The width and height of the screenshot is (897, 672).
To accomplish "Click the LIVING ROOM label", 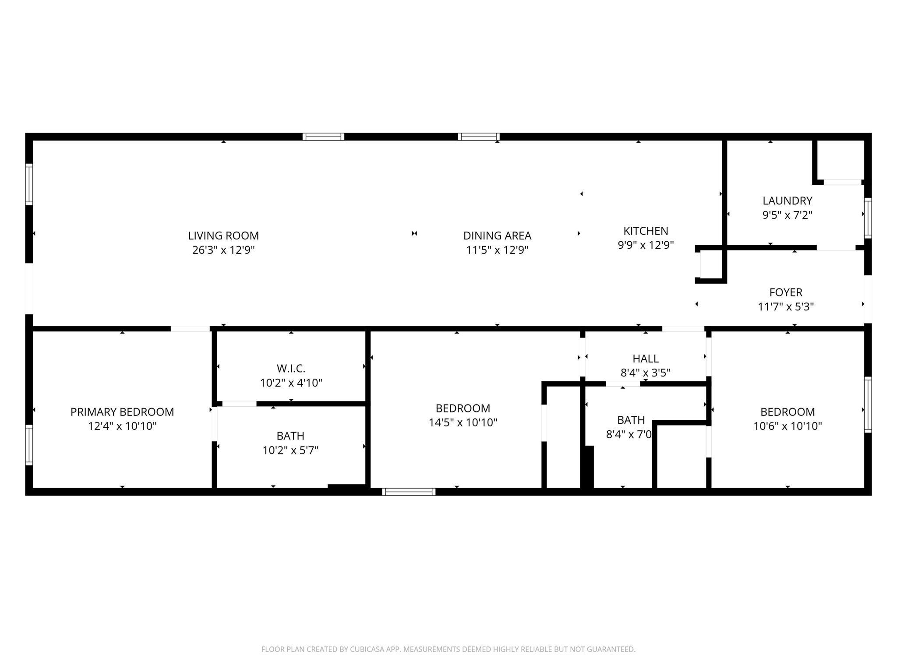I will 223,236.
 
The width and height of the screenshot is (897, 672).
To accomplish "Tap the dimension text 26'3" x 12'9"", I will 223,250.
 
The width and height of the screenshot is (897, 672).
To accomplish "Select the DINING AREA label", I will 497,236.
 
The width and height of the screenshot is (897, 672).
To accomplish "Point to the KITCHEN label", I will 646,231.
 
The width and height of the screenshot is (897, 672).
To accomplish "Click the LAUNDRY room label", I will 787,201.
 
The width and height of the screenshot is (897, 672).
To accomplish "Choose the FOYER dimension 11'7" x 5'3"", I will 786,306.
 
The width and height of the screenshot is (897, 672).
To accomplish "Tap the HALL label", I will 646,359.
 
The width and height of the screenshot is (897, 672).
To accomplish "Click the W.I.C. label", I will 291,368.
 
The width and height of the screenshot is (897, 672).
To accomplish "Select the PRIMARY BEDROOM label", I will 122,412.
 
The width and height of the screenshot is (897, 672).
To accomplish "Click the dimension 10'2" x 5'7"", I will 290,450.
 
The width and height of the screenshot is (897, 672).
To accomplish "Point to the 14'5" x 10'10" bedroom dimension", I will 463,422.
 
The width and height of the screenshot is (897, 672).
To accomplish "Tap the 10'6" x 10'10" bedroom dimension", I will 788,426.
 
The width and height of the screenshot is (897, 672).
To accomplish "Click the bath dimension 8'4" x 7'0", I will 629,434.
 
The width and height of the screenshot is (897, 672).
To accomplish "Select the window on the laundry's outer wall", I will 868,218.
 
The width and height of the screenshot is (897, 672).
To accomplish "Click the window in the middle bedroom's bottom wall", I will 409,492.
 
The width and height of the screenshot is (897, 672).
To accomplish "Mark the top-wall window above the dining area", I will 478,137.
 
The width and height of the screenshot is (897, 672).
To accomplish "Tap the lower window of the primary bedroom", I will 29,445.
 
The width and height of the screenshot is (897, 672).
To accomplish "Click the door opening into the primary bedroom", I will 190,328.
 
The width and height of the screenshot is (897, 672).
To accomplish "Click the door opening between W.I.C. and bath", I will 239,404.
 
